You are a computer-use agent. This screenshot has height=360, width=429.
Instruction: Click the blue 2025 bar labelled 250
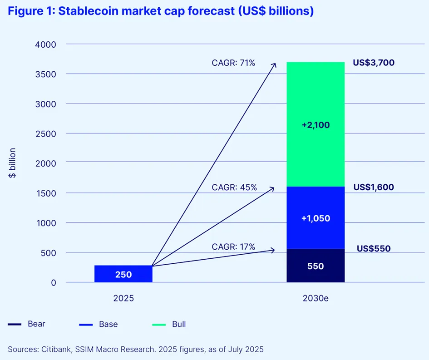pos(123,274)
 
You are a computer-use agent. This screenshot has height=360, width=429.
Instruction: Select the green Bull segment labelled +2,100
pos(316,124)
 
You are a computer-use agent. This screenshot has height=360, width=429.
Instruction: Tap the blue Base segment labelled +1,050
pos(316,218)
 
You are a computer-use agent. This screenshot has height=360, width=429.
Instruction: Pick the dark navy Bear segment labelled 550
pos(316,266)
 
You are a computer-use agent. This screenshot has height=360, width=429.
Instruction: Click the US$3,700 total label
pos(374,63)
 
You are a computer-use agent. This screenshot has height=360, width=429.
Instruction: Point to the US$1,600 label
pos(374,187)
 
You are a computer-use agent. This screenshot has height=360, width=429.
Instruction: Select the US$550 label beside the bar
pos(374,248)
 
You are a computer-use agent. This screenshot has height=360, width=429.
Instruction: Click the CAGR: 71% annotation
pos(233,63)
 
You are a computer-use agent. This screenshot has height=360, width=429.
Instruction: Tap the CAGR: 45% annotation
pos(234,187)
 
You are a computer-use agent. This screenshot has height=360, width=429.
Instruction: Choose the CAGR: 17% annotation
pos(233,247)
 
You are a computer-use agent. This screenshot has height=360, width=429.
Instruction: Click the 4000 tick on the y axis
pos(45,44)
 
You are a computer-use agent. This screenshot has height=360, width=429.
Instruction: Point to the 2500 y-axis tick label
pos(45,134)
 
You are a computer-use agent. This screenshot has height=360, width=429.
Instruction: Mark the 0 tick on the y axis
pos(54,282)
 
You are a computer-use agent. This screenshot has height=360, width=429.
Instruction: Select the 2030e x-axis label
pos(316,298)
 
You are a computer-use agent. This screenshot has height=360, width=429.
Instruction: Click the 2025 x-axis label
pos(123,298)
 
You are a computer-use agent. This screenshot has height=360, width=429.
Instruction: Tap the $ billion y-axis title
pos(12,163)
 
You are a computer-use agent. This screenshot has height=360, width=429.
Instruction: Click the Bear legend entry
pos(26,324)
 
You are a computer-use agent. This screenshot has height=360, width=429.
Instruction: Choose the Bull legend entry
pos(169,324)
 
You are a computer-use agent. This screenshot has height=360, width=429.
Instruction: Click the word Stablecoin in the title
pos(88,11)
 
